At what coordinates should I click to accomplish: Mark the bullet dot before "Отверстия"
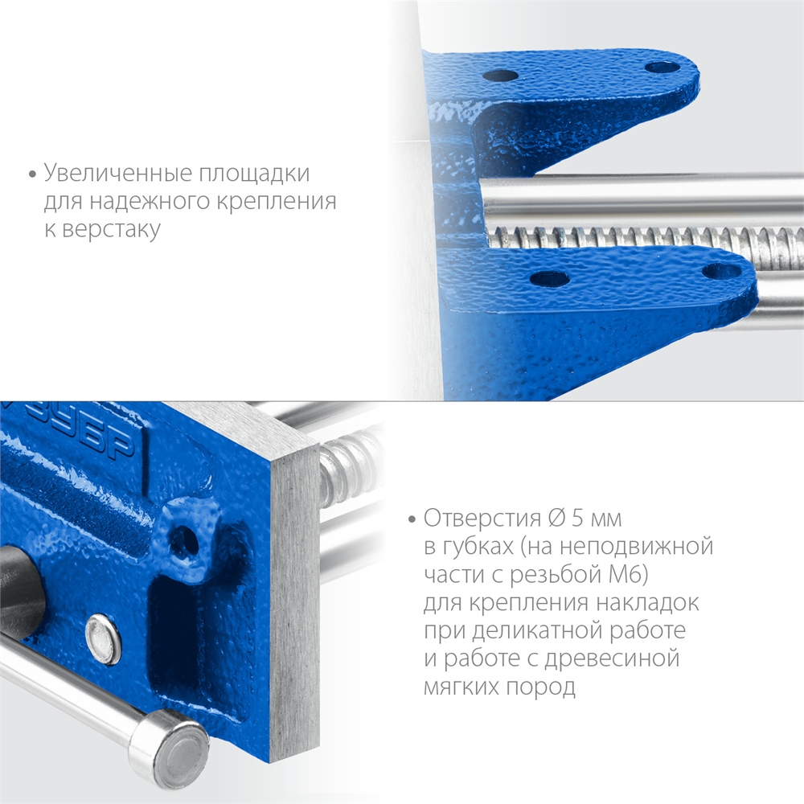pyautogui.click(x=412, y=518)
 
